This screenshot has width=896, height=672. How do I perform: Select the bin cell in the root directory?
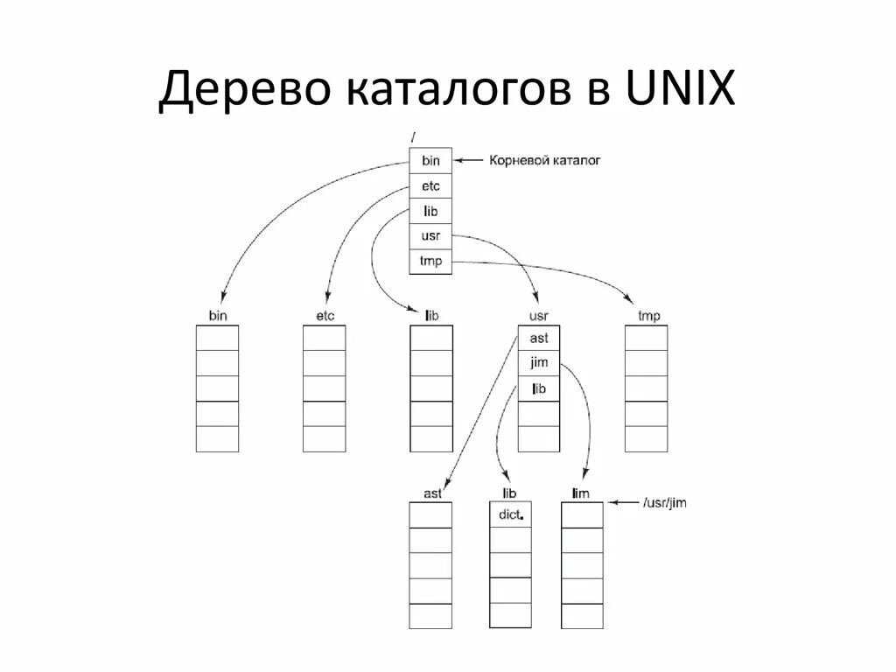(431, 161)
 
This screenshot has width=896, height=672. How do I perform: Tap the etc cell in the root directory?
(431, 186)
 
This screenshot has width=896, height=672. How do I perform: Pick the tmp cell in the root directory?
(431, 262)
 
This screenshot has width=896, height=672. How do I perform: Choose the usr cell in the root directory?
(431, 236)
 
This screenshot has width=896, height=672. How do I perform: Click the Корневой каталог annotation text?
(543, 161)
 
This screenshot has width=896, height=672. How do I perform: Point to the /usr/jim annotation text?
(663, 503)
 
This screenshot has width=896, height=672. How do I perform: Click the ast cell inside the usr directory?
(539, 338)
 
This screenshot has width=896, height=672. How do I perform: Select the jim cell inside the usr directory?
(539, 363)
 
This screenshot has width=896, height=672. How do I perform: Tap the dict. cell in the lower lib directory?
(511, 515)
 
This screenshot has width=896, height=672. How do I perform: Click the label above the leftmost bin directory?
(217, 316)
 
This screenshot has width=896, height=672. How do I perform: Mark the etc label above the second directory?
(325, 316)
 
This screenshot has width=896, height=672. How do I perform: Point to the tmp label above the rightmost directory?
(648, 316)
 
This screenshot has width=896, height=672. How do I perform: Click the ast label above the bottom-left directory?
(432, 493)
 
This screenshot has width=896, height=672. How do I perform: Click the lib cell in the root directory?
(431, 212)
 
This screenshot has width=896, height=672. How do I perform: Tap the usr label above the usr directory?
(539, 316)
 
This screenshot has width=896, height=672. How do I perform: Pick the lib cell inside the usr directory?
(539, 388)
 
